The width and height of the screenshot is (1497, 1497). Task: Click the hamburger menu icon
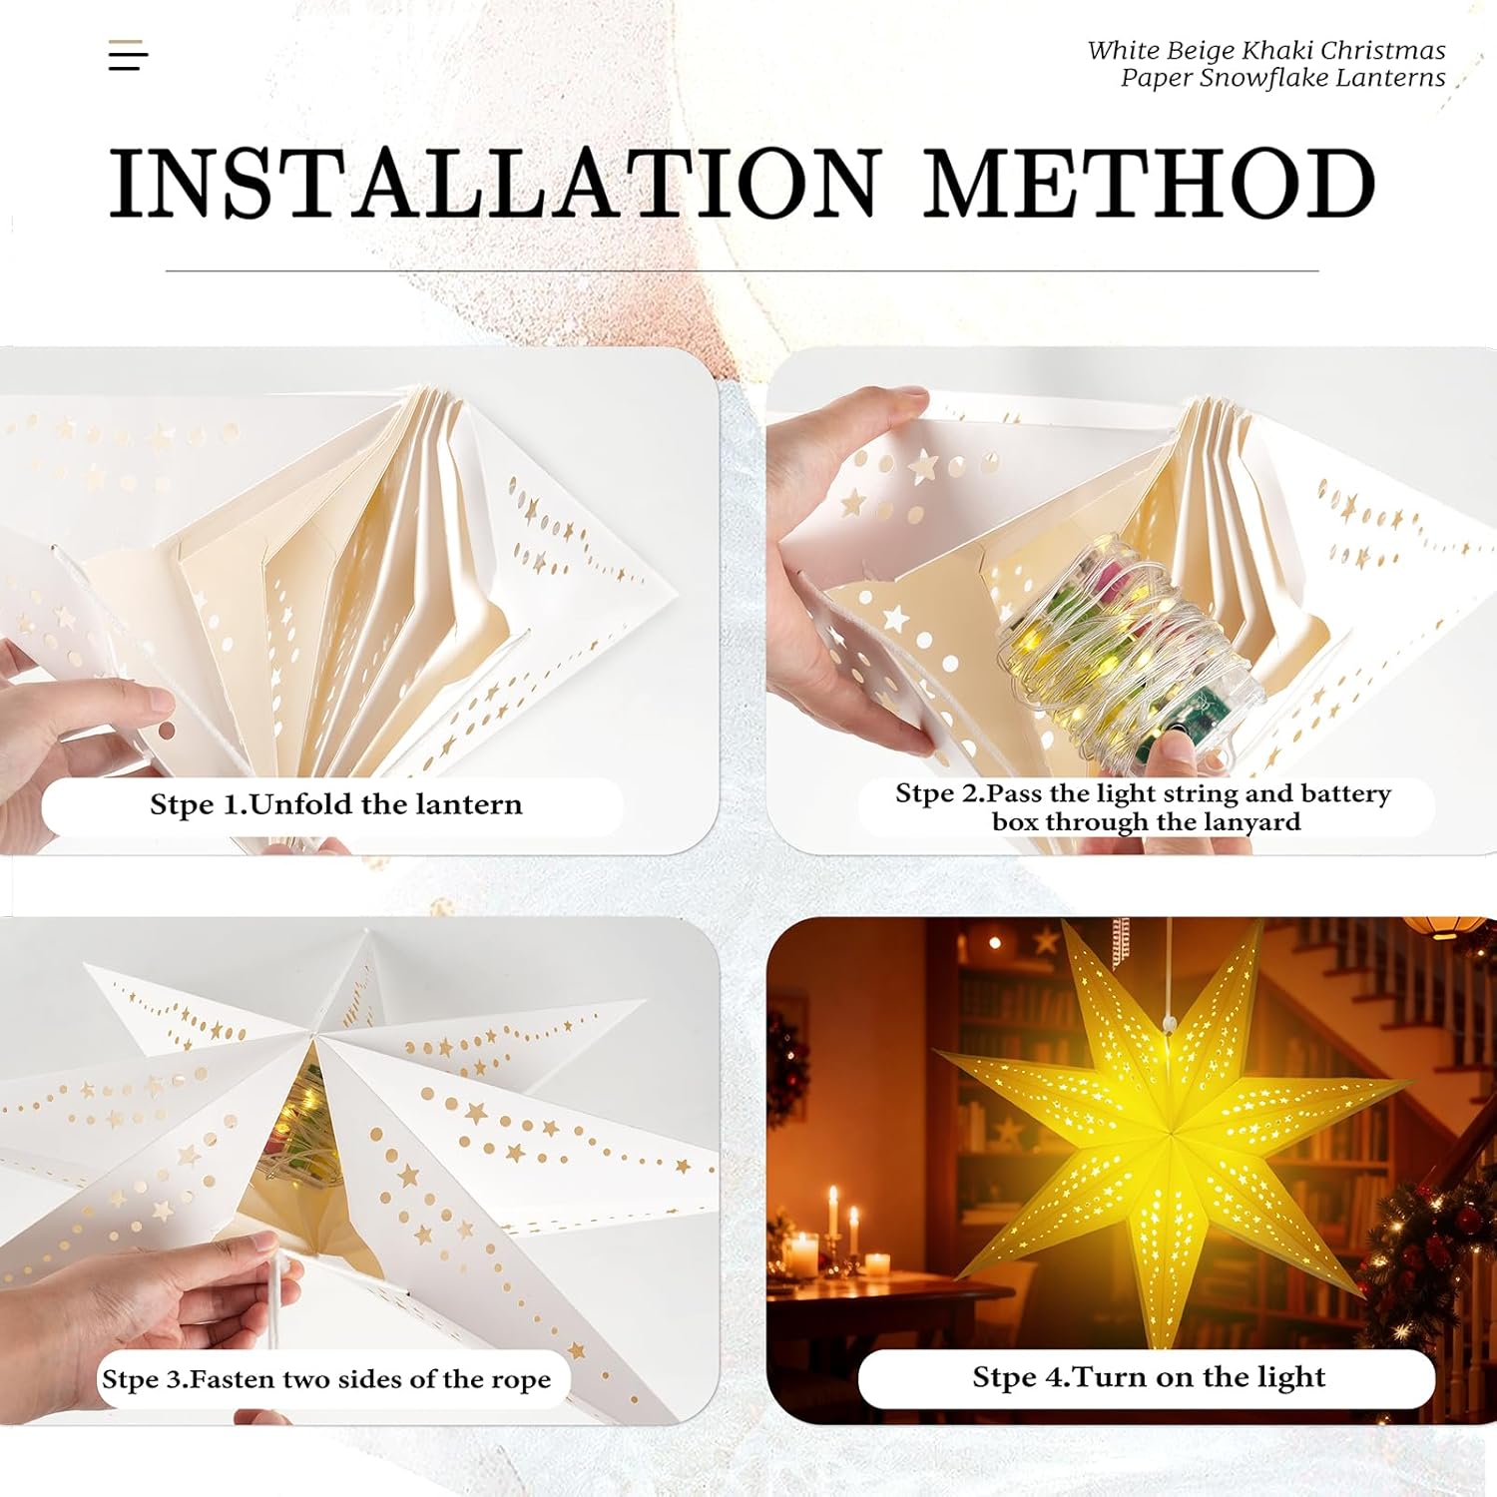128,56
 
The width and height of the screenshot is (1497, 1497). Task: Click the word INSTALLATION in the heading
495,183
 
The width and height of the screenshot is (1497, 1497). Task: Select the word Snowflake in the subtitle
1260,78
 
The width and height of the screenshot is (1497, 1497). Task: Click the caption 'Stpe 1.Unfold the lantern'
336,804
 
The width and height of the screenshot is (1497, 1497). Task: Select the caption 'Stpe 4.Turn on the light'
1149,1377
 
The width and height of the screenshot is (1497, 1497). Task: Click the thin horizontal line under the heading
742,270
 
